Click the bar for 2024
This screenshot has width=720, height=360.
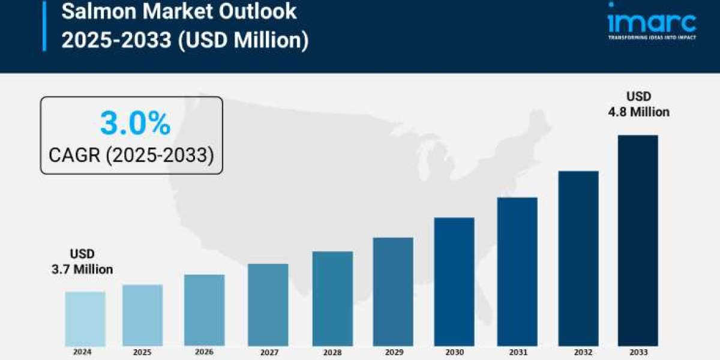point(85,319)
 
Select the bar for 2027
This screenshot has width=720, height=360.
point(268,305)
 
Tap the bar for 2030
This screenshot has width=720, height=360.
point(454,281)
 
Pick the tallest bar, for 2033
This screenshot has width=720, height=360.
point(638,240)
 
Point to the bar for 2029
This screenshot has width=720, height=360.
point(393,292)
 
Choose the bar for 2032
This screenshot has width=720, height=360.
point(578,258)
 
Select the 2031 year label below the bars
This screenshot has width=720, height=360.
point(517,352)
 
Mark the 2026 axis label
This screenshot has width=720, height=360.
point(205,352)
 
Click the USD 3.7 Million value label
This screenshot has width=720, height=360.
point(82,262)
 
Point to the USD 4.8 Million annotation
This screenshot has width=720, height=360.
point(639,104)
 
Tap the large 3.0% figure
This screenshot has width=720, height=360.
point(135,124)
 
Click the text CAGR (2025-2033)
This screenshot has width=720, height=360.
point(131,155)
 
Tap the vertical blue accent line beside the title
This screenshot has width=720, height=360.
point(44,26)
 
